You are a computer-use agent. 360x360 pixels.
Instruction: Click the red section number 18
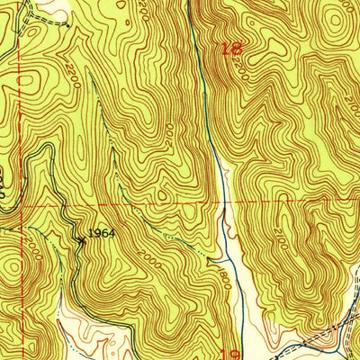230,49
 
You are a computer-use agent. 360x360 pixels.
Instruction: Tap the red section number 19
229,353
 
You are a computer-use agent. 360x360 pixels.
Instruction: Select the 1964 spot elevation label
102,233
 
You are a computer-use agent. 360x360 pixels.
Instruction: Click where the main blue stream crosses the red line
224,204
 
